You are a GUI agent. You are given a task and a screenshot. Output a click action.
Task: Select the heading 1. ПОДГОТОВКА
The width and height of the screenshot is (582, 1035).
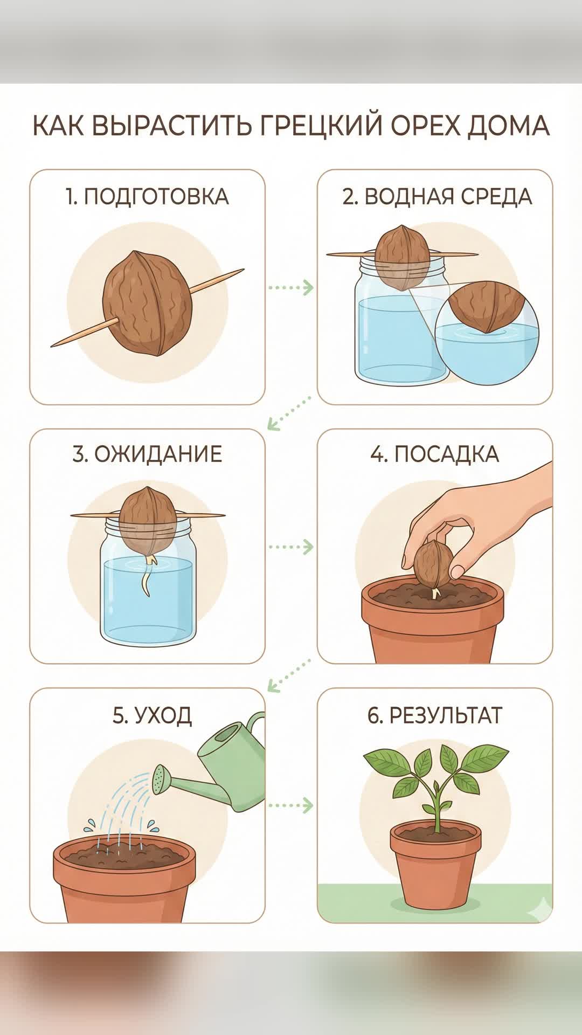tap(147, 197)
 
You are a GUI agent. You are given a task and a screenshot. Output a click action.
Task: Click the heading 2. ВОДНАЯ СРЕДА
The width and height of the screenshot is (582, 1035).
tap(437, 197)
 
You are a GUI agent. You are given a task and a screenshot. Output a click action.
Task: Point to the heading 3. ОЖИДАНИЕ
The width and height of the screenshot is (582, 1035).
tap(147, 454)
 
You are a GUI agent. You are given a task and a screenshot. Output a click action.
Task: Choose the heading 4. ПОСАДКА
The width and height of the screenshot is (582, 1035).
tap(434, 454)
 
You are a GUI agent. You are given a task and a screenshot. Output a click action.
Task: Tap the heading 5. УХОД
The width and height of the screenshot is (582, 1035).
tap(152, 715)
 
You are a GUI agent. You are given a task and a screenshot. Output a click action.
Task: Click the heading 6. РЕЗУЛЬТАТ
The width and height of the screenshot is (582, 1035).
tap(434, 715)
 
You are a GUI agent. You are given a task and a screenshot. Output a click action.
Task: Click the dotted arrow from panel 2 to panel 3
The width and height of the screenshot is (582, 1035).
tap(290, 413)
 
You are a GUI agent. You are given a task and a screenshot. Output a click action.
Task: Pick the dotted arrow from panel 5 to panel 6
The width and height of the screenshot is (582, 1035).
tap(291, 805)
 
